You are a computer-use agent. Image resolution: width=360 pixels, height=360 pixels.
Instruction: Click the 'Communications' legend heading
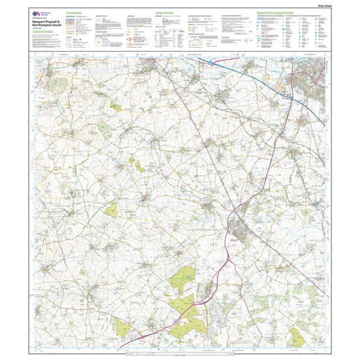[x=75, y=12]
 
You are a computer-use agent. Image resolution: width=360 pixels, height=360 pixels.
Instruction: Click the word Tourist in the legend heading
[x=277, y=12]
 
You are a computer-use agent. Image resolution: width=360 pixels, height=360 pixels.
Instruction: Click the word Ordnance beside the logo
[x=45, y=11]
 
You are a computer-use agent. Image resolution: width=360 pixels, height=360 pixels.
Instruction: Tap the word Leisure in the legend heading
[x=293, y=12]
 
